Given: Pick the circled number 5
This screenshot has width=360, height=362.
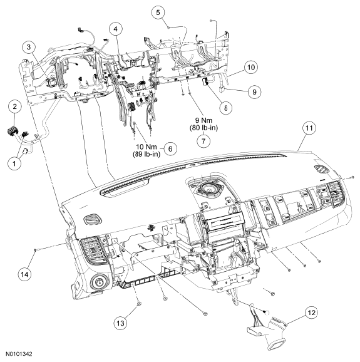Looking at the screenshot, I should pyautogui.click(x=158, y=12).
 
